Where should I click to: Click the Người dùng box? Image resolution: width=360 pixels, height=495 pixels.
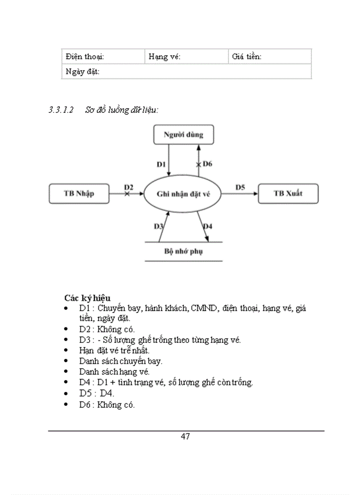coord(183,134)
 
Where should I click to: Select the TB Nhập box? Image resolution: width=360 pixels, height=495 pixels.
coord(79,194)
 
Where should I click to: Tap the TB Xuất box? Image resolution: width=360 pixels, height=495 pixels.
coord(288,194)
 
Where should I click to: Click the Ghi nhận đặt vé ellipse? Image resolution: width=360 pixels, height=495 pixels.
coord(183,194)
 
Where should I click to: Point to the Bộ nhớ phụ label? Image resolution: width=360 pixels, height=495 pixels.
coord(183,251)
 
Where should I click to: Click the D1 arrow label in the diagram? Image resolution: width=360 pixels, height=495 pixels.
coord(161,164)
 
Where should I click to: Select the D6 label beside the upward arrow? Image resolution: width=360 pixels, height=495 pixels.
coord(207,164)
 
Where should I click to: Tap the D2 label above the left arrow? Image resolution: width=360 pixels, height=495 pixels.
coord(128,187)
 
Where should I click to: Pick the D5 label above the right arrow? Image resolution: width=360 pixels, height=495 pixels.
coord(240,187)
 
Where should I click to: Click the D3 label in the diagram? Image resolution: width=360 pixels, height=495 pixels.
coord(158,226)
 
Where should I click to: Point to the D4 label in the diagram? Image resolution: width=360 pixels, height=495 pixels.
coord(207,226)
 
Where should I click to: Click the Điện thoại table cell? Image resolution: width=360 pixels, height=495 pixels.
coord(103,56)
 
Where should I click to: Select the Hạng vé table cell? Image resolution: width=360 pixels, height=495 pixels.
coord(186,56)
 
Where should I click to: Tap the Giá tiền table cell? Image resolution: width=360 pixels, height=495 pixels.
coord(270,56)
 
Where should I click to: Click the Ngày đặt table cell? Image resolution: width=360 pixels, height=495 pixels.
coord(186,71)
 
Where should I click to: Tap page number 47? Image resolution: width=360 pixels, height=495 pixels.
coord(185,437)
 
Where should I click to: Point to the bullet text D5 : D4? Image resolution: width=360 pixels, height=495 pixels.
coord(97,393)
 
